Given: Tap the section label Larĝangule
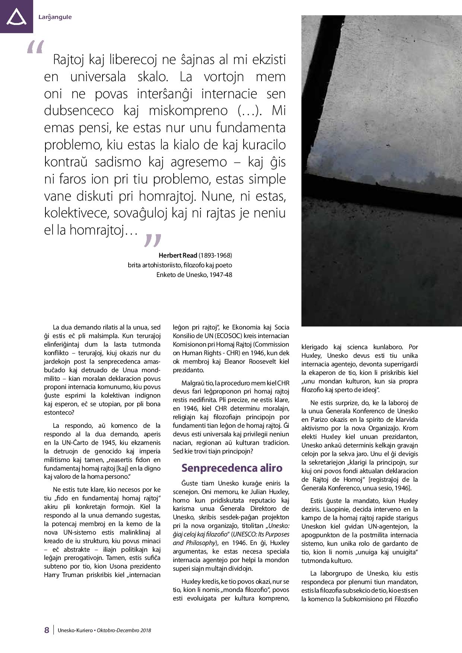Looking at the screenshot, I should [x=55, y=17].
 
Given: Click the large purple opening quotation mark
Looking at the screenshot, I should [x=35, y=48].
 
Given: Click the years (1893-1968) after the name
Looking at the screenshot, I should [x=215, y=255].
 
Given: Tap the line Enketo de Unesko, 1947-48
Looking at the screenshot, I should [x=194, y=275].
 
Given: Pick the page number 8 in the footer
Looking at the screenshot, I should [x=47, y=630].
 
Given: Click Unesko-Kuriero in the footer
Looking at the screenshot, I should [x=75, y=630].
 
